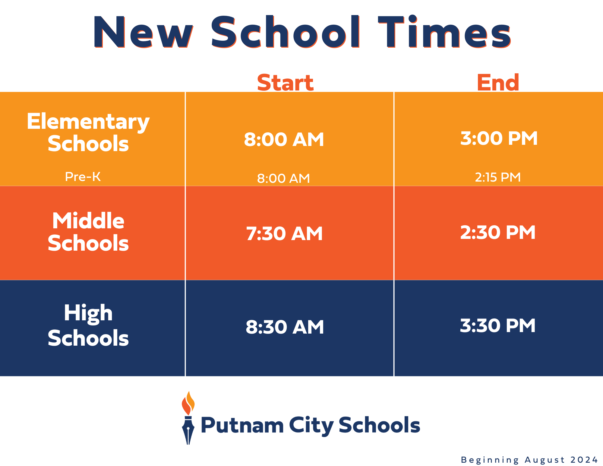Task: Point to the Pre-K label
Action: pos(83,176)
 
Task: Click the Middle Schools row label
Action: pos(88,232)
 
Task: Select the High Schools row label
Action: pos(88,325)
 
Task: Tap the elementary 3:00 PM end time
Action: pos(499,138)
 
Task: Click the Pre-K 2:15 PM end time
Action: pos(498,177)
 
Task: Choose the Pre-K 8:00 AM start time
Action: pos(283,178)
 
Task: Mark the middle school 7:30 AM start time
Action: pos(284,233)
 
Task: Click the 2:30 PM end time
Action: pos(498,232)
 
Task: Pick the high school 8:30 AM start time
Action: pos(285,327)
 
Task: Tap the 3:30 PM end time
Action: pos(498,326)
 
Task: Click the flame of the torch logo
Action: pos(188,403)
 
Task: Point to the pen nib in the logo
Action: pos(188,431)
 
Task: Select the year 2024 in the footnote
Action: pos(584,460)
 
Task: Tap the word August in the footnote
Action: pos(545,460)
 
